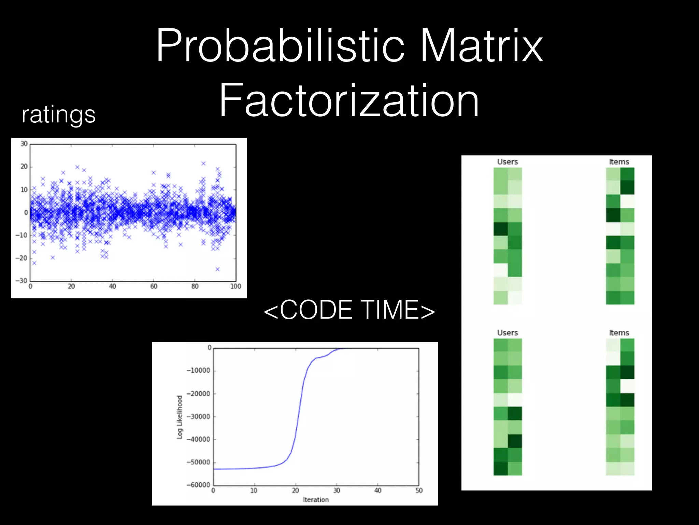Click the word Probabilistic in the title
(x=280, y=46)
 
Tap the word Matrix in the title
(x=481, y=46)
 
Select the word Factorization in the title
(x=349, y=101)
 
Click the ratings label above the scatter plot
(x=58, y=115)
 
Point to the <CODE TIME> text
(x=349, y=310)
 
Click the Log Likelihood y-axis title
(x=180, y=417)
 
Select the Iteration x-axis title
(x=316, y=500)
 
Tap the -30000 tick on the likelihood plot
(x=198, y=417)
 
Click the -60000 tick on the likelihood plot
(x=198, y=485)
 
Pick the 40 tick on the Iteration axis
(x=377, y=490)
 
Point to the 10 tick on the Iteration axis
(x=254, y=490)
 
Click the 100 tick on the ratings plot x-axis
(x=236, y=286)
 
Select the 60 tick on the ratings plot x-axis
(x=154, y=286)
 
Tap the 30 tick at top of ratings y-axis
(x=24, y=144)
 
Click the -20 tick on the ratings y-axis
(x=22, y=258)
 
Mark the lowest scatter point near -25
(x=217, y=269)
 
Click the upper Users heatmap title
(x=507, y=162)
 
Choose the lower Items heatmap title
(x=619, y=333)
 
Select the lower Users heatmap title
(x=507, y=333)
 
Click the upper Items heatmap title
(x=619, y=162)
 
